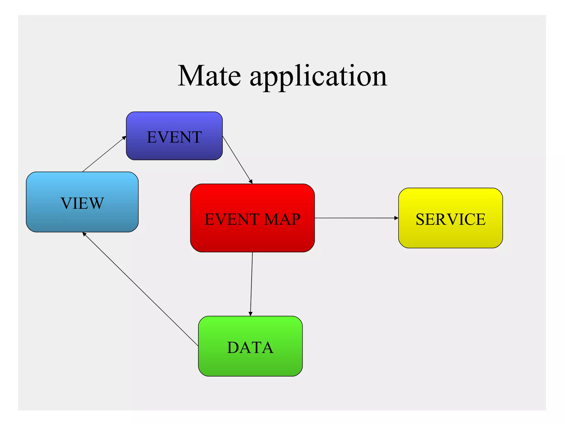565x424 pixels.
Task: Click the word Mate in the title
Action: click(x=209, y=76)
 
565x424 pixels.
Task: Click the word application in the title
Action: click(x=318, y=77)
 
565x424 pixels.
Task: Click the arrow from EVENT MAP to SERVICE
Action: click(x=356, y=218)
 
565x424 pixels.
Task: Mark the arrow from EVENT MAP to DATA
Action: click(x=251, y=284)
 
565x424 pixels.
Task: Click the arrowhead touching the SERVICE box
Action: click(x=396, y=218)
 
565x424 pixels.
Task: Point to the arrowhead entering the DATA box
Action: click(x=250, y=314)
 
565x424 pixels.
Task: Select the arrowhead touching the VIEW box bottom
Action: click(x=84, y=234)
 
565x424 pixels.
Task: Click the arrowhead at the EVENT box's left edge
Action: click(x=124, y=137)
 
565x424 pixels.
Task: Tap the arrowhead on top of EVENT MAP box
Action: click(x=251, y=182)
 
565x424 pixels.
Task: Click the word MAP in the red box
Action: click(x=282, y=219)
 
